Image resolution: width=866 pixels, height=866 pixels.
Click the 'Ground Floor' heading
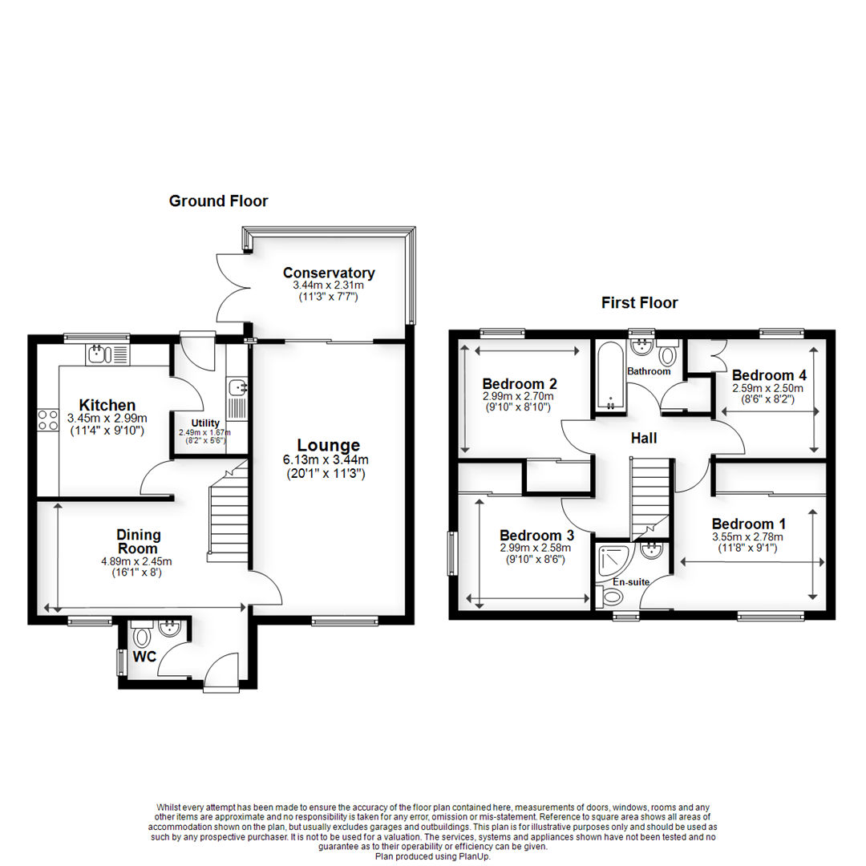click(x=218, y=201)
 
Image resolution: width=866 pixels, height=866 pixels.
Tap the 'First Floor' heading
click(x=639, y=303)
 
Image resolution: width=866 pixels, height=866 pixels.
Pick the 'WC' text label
click(x=144, y=658)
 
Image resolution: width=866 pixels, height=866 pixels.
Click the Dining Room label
click(x=140, y=541)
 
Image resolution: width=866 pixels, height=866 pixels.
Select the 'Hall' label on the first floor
click(x=644, y=439)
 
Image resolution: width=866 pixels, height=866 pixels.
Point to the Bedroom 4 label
click(x=769, y=375)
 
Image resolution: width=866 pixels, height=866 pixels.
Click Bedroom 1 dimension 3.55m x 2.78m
click(x=747, y=537)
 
